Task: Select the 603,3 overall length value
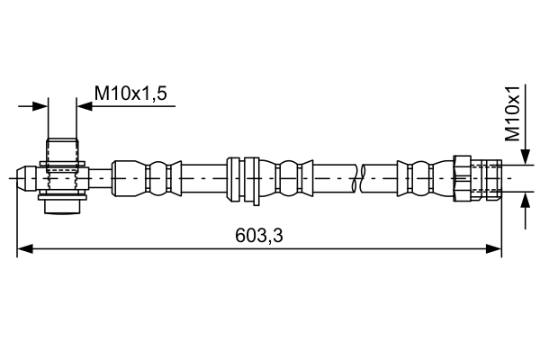point(260,235)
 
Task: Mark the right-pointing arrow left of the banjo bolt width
point(39,106)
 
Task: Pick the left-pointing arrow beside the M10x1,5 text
point(85,106)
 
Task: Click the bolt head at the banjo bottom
point(62,206)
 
